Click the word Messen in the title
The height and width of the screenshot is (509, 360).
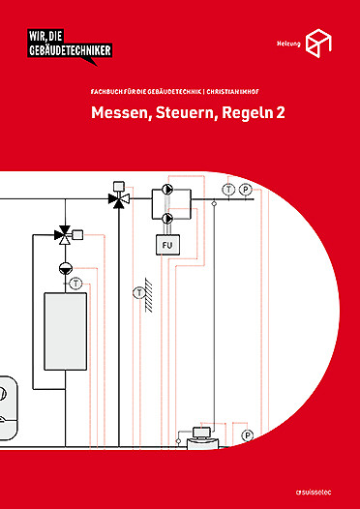(x=120, y=113)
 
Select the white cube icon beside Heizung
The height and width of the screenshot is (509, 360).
(x=318, y=43)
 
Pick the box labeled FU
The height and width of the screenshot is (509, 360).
(x=166, y=245)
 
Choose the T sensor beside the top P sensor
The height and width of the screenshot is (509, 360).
(x=227, y=189)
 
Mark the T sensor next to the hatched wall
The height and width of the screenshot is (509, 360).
(x=140, y=290)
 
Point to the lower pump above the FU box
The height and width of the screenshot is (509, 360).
(x=166, y=219)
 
